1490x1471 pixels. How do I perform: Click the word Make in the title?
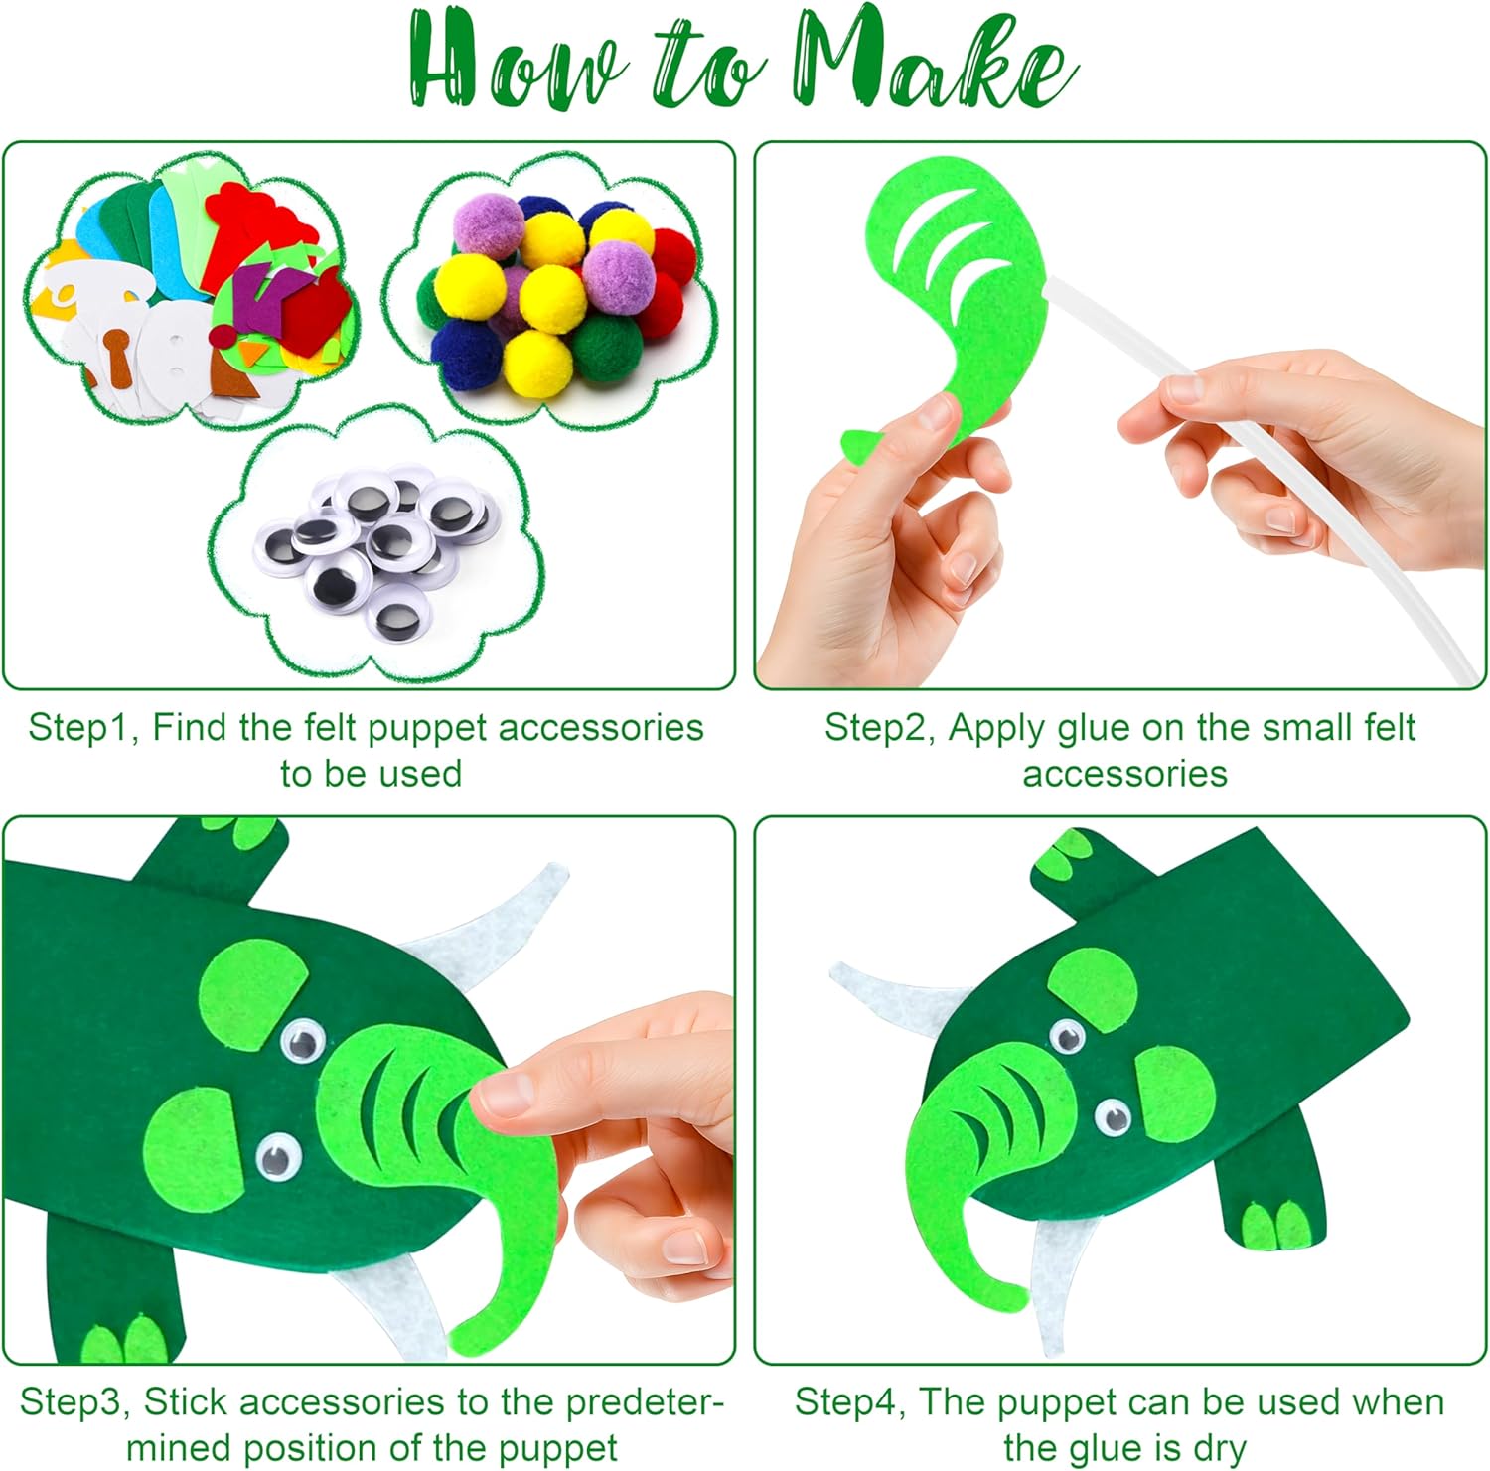coord(934,60)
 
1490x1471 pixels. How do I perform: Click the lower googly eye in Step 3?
coord(279,1156)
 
